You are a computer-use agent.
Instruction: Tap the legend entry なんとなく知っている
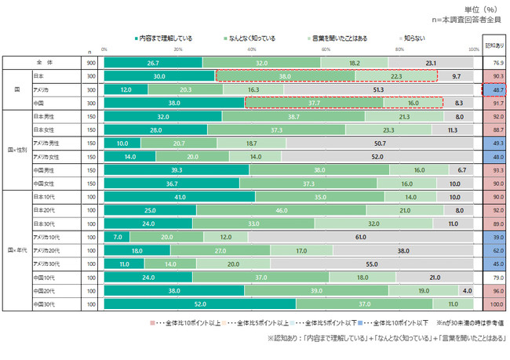pyautogui.click(x=251, y=37)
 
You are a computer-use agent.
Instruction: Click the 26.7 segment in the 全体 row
pyautogui.click(x=153, y=62)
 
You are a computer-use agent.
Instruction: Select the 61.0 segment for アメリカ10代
pyautogui.click(x=361, y=235)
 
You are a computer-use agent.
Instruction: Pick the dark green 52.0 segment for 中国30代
pyautogui.click(x=199, y=304)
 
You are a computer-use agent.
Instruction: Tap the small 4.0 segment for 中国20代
pyautogui.click(x=466, y=289)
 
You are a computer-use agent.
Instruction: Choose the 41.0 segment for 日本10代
pyautogui.click(x=180, y=198)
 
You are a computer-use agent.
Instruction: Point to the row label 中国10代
pyautogui.click(x=42, y=276)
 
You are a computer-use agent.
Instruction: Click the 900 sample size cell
pyautogui.click(x=91, y=62)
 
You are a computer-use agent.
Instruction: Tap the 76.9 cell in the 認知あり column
pyautogui.click(x=497, y=62)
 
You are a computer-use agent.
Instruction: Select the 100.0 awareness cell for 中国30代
pyautogui.click(x=497, y=304)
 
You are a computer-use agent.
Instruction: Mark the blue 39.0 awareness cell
pyautogui.click(x=497, y=235)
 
